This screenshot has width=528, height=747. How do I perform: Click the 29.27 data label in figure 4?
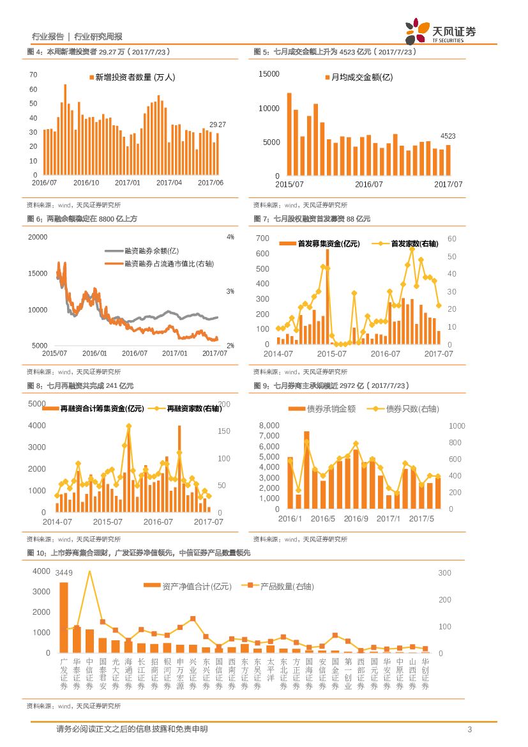pyautogui.click(x=218, y=125)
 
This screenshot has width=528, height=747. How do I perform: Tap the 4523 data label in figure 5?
pyautogui.click(x=448, y=136)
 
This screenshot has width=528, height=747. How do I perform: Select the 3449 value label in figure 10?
pyautogui.click(x=64, y=571)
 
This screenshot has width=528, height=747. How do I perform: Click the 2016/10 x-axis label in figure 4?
pyautogui.click(x=86, y=182)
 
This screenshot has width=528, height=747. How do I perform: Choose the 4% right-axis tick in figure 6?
pyautogui.click(x=230, y=237)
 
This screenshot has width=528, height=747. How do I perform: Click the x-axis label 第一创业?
pyautogui.click(x=348, y=674)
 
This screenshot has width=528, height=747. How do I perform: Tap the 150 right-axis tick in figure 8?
pyautogui.click(x=224, y=431)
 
